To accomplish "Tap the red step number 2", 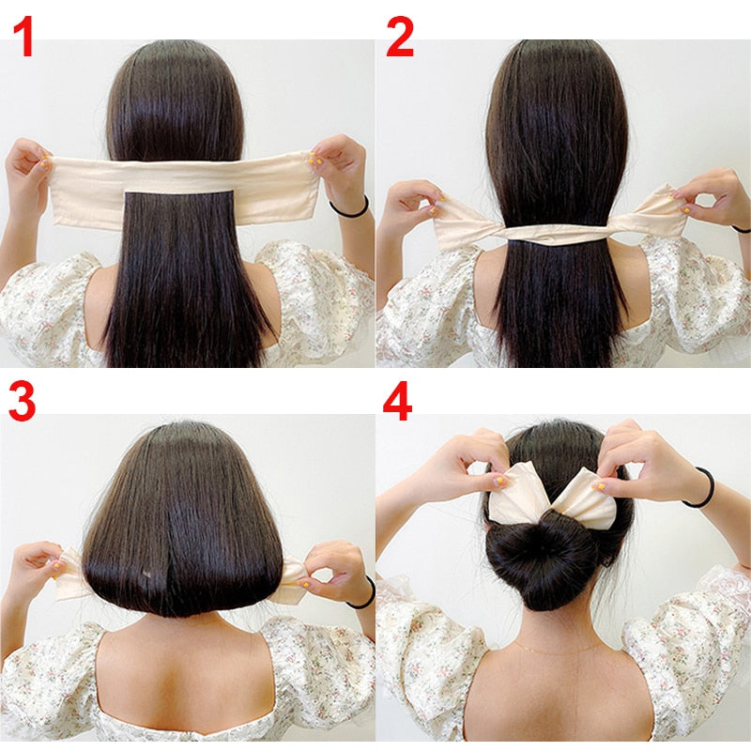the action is [x=400, y=37].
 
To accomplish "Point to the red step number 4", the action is [x=397, y=402].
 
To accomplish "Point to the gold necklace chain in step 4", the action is [x=558, y=650].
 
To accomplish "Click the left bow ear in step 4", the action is [x=516, y=495].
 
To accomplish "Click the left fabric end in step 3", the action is [x=69, y=574].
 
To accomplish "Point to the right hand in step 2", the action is [x=709, y=196].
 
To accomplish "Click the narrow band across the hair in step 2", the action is [x=556, y=234].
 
